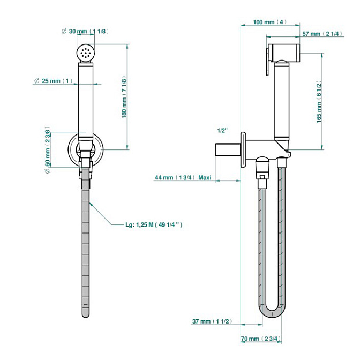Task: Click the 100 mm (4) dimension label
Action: [270, 22]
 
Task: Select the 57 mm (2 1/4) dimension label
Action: [322, 34]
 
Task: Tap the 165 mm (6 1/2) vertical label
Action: [319, 102]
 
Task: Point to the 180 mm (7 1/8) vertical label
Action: [124, 97]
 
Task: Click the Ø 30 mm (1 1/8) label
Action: [85, 31]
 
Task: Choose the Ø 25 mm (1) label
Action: [53, 81]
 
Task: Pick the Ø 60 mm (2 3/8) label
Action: [47, 149]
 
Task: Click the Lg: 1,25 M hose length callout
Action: [154, 224]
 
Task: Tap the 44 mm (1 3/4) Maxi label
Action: [183, 177]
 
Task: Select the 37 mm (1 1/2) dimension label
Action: [212, 321]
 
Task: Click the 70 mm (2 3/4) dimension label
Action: [261, 339]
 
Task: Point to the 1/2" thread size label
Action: [222, 130]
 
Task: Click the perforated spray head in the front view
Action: [85, 53]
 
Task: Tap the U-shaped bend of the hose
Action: [272, 314]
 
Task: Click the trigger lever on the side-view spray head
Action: [268, 62]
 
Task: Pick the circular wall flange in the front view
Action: [85, 149]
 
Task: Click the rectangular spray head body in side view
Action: [284, 52]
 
